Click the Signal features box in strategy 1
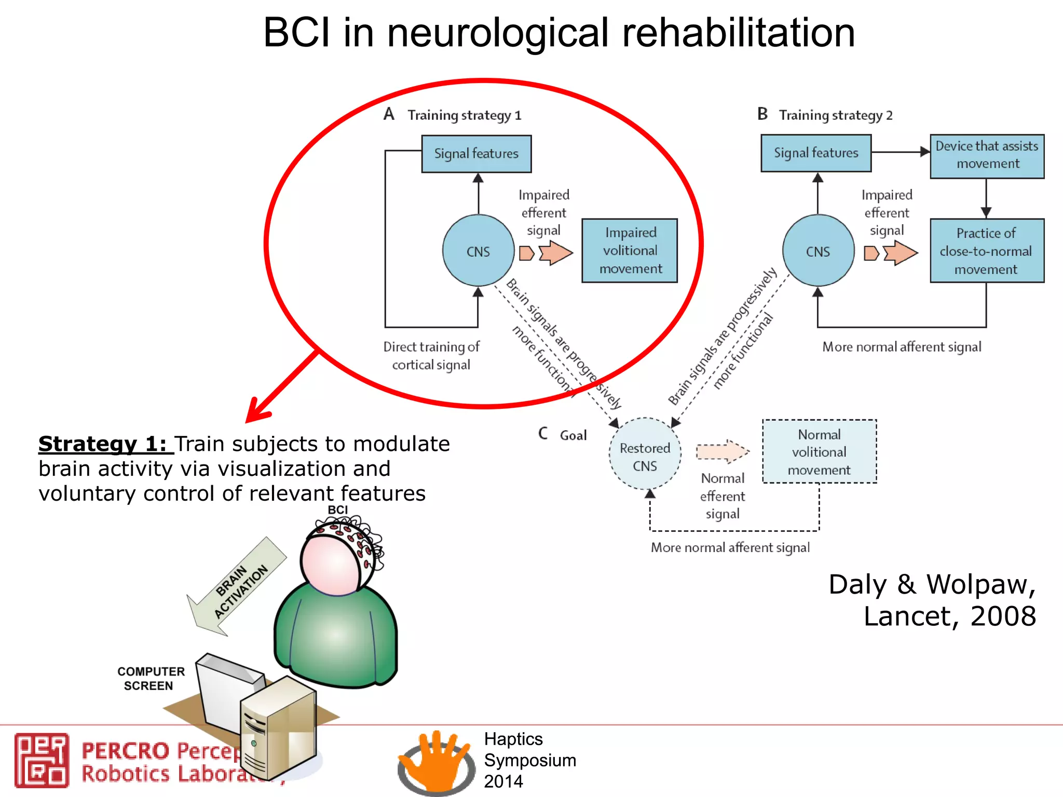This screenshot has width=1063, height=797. click(476, 154)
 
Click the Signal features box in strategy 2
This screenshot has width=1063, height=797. click(815, 153)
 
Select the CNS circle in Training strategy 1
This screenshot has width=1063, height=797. click(478, 251)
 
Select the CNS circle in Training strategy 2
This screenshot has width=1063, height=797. click(818, 251)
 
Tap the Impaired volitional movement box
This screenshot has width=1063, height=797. click(630, 251)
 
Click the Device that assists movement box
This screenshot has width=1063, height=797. click(987, 156)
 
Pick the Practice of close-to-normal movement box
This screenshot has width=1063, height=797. click(986, 251)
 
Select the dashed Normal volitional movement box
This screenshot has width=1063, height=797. click(819, 451)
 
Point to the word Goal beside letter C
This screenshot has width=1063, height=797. click(573, 435)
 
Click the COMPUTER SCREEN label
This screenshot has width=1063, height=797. click(150, 678)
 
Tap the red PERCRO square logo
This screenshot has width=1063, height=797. click(42, 760)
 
